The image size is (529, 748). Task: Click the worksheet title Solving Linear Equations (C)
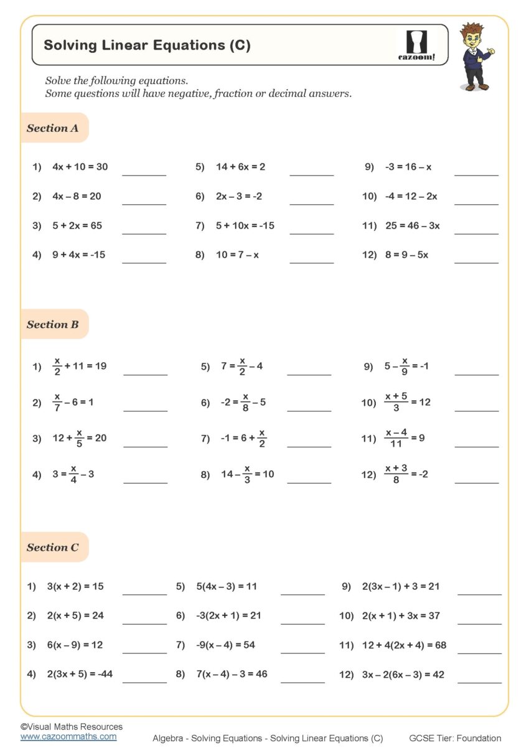[x=147, y=45]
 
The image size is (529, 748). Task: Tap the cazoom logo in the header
[x=416, y=45]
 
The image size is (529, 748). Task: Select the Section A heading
[x=53, y=128]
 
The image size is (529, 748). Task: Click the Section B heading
[x=53, y=324]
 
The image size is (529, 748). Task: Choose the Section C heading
[x=53, y=548]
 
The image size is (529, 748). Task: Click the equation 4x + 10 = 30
[x=80, y=167]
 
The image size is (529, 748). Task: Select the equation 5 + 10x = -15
[x=245, y=225]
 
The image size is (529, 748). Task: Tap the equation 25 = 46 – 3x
[x=412, y=225]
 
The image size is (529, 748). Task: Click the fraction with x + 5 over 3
[x=396, y=402]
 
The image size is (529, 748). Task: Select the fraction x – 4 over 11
[x=396, y=438]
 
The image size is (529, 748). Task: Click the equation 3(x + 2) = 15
[x=75, y=586]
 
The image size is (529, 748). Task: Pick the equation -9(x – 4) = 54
[x=224, y=645]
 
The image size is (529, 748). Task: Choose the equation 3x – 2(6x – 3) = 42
[x=403, y=675]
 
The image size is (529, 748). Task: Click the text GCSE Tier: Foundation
[x=455, y=738]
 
